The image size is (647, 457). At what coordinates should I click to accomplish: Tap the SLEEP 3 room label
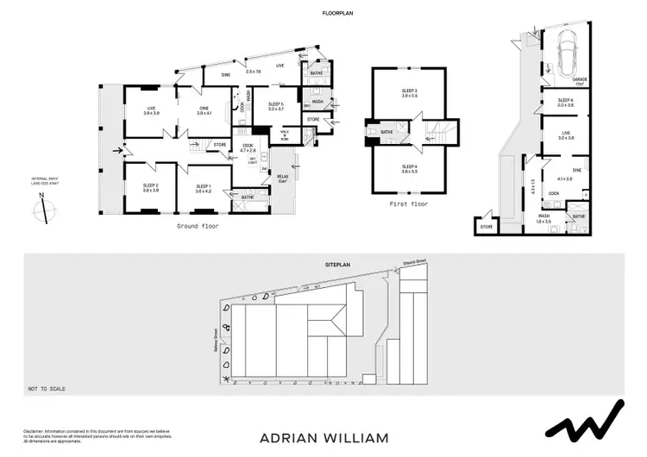(409, 91)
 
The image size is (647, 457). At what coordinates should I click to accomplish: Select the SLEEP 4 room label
(409, 167)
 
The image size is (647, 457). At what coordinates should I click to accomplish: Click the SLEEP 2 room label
(151, 186)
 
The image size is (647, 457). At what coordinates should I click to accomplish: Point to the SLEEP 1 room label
(204, 186)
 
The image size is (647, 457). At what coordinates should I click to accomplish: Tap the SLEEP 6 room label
(565, 101)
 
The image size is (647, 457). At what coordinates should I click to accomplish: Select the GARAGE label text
(580, 79)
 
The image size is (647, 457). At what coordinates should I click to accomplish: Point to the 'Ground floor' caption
(198, 226)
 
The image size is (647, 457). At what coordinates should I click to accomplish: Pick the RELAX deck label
(281, 178)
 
